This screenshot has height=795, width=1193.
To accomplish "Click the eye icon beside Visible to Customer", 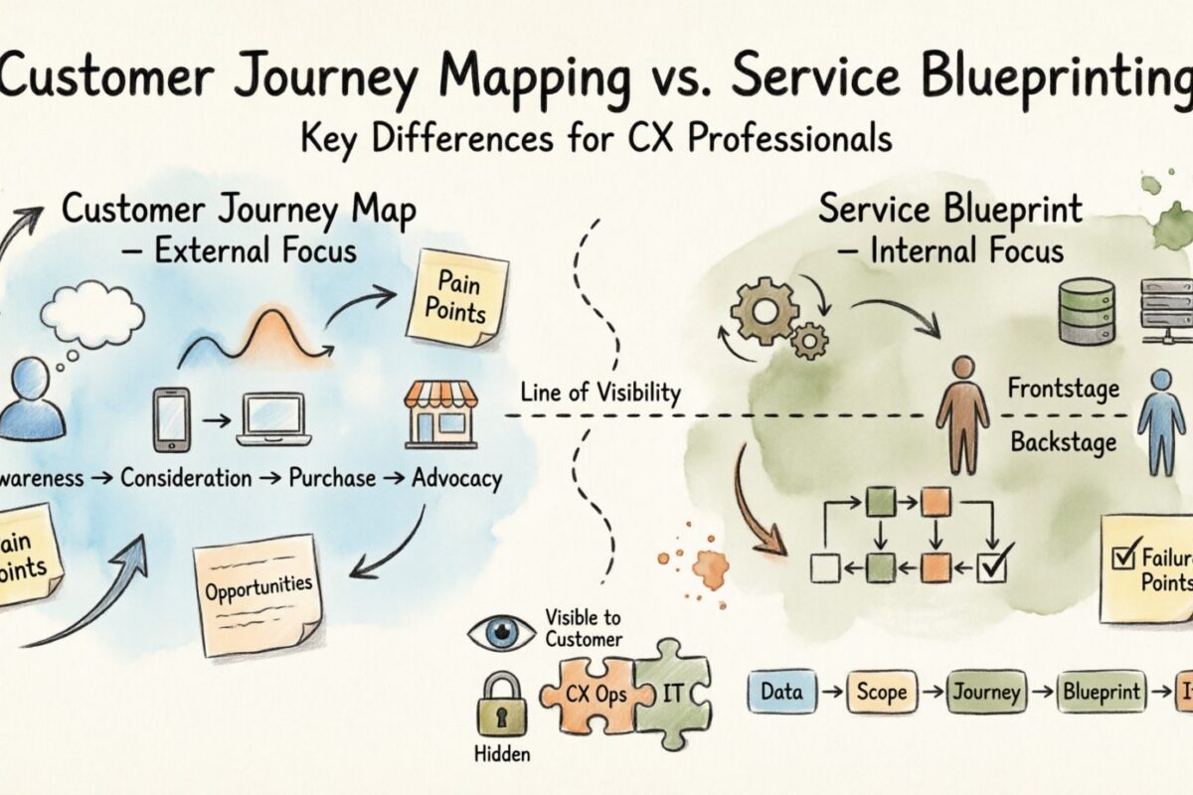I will (502, 634).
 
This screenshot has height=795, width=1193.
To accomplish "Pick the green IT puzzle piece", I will (672, 692).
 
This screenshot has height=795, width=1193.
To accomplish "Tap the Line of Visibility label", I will (599, 393).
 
